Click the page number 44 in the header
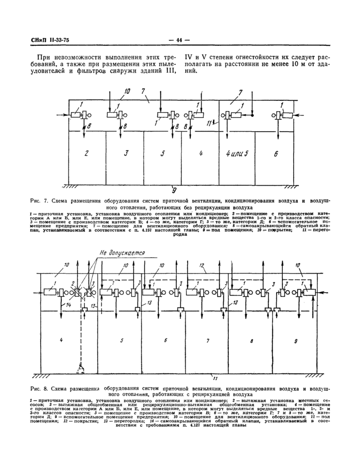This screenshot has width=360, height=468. pyautogui.click(x=179, y=41)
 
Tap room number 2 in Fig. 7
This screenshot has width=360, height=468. pyautogui.click(x=87, y=153)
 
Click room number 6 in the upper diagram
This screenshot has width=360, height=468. pyautogui.click(x=276, y=153)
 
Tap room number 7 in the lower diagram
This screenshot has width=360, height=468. pyautogui.click(x=207, y=340)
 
